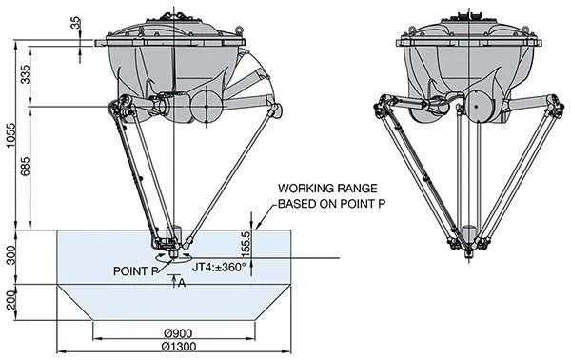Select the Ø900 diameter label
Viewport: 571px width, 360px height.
(x=174, y=332)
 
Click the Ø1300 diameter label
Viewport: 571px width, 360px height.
(x=174, y=347)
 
